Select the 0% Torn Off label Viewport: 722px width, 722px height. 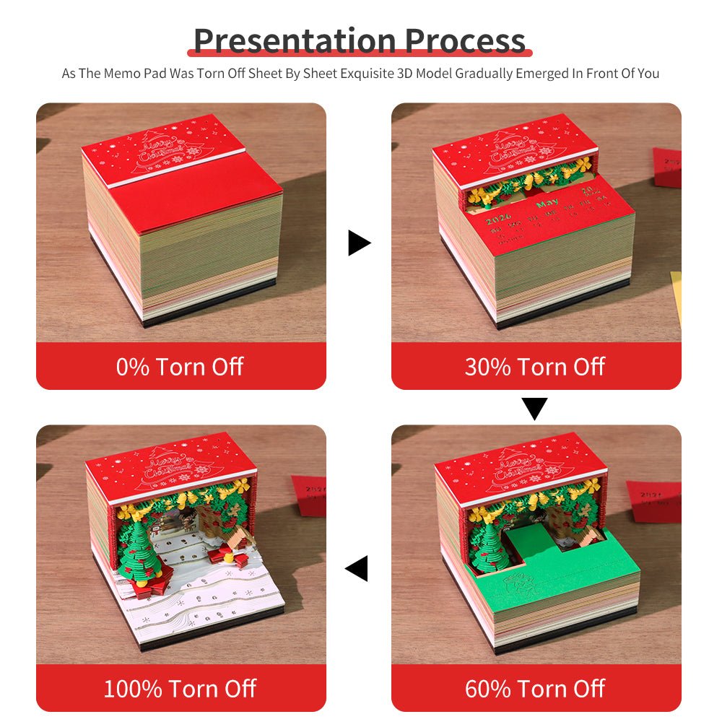click(180, 367)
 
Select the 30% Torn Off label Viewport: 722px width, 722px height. click(535, 367)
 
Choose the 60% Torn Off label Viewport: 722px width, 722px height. click(535, 689)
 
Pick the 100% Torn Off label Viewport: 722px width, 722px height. click(180, 689)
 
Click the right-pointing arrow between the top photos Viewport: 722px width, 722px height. click(358, 243)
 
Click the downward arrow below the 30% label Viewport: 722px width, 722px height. click(534, 409)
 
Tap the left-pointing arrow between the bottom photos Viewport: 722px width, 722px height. click(357, 568)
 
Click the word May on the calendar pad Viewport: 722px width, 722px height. click(546, 204)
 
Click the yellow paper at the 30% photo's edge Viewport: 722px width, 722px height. click(676, 296)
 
